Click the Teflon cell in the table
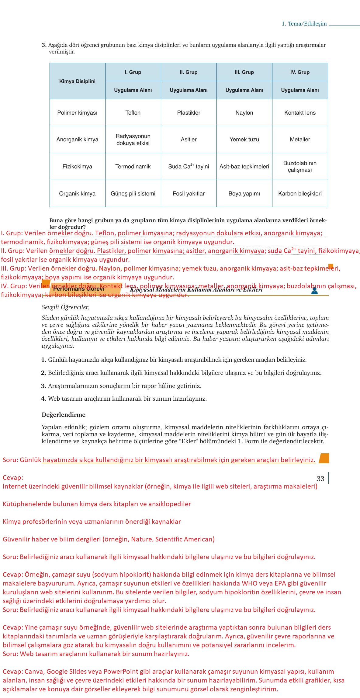click(133, 113)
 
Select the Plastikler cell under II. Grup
click(189, 113)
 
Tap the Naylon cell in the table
click(244, 113)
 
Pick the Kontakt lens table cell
click(300, 113)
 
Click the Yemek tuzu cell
click(244, 140)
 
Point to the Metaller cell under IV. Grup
click(300, 140)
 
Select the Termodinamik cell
click(133, 167)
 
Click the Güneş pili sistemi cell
click(133, 194)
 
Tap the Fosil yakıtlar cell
click(189, 194)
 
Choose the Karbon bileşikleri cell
click(300, 194)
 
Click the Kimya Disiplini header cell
click(77, 81)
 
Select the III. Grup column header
click(244, 72)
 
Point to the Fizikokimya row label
click(77, 167)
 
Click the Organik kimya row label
click(77, 194)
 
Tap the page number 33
click(320, 479)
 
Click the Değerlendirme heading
click(64, 415)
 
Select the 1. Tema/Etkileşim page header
click(304, 24)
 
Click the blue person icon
click(314, 291)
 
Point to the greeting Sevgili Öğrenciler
click(65, 307)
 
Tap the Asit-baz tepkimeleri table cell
click(244, 167)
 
